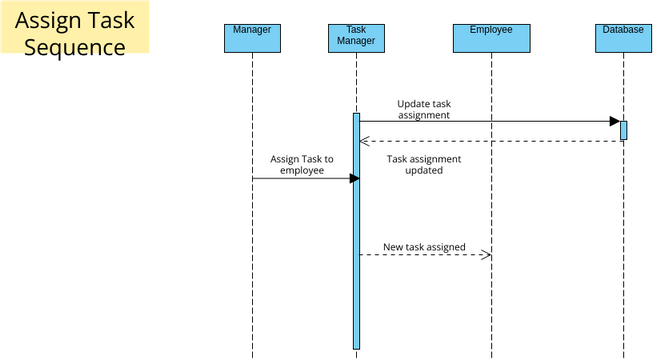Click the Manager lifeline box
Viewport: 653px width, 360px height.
252,37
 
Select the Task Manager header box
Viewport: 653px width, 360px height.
356,37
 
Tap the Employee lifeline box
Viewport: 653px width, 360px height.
491,37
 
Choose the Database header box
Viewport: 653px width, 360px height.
623,37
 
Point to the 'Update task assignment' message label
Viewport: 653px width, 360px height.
424,109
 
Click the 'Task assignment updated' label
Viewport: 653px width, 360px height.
424,164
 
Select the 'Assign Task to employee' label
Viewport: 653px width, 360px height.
301,164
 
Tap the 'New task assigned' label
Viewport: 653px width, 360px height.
424,246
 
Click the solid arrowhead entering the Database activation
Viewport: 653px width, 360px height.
614,122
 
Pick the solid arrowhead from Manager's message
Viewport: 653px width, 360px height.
354,178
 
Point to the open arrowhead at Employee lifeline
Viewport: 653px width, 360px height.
486,255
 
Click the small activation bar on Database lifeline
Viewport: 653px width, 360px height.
623,130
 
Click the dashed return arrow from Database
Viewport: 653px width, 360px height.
490,141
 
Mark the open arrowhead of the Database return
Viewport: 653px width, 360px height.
364,141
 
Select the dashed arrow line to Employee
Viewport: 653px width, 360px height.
420,255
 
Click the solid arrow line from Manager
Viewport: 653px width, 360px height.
300,178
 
